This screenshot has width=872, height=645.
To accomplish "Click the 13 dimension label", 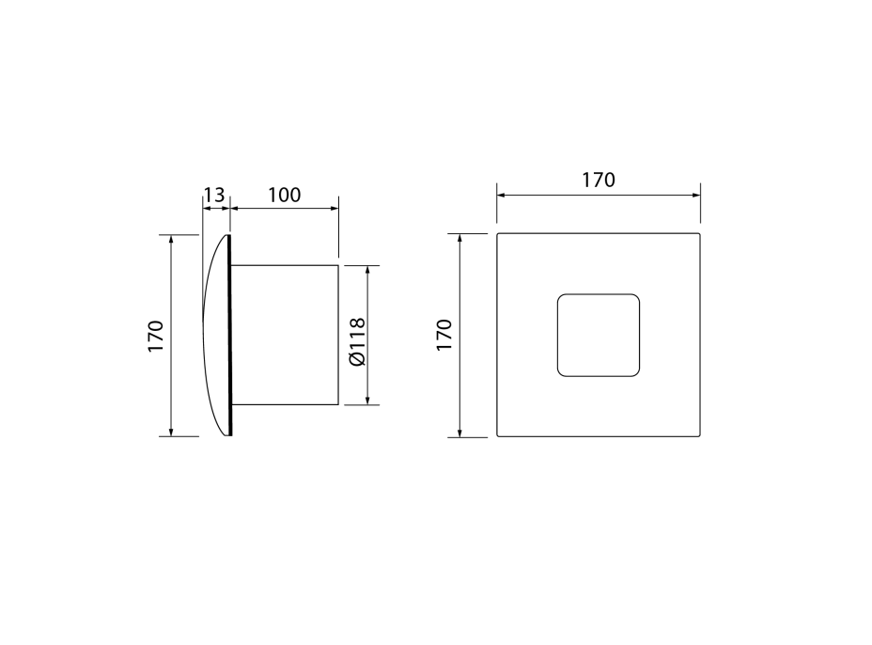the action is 213,196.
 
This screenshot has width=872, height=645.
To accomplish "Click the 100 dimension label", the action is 284,196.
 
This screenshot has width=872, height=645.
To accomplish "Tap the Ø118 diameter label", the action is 357,341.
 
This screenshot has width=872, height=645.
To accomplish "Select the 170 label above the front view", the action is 599,181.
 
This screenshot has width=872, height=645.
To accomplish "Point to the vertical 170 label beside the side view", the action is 156,336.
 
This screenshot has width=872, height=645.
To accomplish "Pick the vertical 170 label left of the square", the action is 444,335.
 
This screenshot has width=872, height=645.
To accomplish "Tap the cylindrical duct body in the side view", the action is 284,335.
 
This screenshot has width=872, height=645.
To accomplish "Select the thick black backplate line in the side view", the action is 229,335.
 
